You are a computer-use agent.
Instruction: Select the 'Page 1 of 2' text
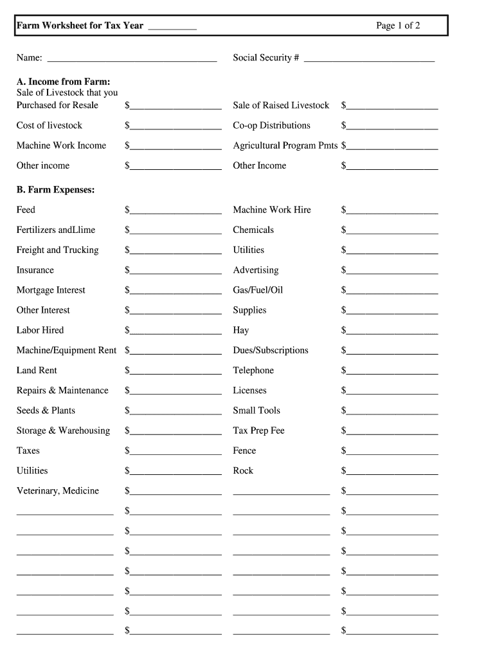point(398,26)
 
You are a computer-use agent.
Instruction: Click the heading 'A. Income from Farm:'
point(63,82)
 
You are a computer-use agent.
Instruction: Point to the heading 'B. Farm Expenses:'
point(55,190)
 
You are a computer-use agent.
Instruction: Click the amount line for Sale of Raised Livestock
point(392,107)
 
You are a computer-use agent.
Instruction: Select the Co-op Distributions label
point(271,125)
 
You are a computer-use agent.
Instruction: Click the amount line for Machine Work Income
point(175,147)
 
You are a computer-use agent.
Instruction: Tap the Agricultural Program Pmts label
point(285,145)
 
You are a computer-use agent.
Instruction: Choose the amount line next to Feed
point(175,212)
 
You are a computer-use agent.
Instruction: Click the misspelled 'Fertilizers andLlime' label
point(56,230)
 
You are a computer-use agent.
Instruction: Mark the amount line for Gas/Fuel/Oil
point(392,292)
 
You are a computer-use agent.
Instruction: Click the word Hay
point(240,330)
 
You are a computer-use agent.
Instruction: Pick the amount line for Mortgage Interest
point(175,292)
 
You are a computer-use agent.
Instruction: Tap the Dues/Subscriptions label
point(270,350)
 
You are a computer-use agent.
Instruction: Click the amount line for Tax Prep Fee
point(392,432)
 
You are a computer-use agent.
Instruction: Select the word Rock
point(243,470)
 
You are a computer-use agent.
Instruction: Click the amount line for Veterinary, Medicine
point(175,493)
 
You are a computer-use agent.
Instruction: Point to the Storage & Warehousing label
point(63,431)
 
